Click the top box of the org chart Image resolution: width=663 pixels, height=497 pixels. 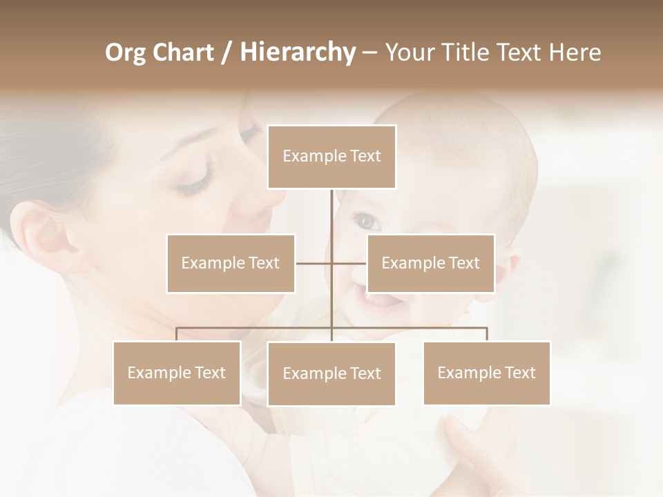point(331,157)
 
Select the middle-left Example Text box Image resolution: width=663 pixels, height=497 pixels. point(231,263)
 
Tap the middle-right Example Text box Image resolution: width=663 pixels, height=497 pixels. point(430,263)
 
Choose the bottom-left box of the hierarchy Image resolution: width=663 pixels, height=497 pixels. point(177,373)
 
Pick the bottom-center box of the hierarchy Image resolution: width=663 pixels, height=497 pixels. point(331,373)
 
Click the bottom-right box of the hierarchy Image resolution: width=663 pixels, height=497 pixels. point(486,373)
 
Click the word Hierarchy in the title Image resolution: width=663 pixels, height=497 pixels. point(298,52)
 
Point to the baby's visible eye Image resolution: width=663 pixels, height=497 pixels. point(367,221)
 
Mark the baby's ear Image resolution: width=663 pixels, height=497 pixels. point(508,269)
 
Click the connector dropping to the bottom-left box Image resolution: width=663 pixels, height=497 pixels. point(177,334)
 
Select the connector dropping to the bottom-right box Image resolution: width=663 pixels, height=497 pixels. point(486,334)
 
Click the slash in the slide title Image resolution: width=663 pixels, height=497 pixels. point(226,52)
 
